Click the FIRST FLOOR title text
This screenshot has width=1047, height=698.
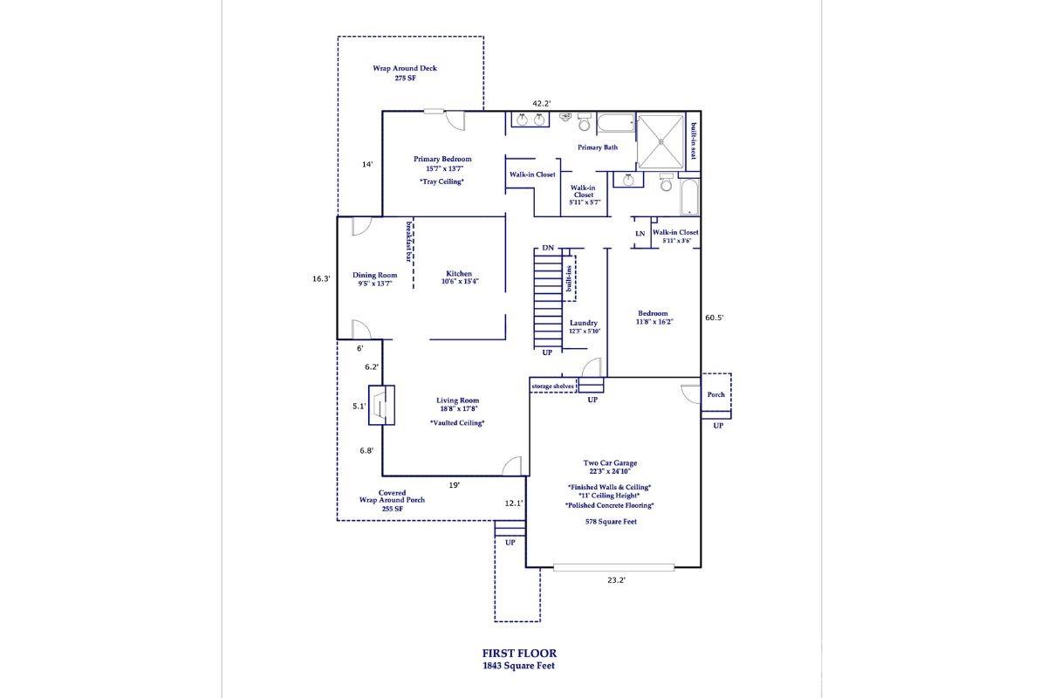[519, 653]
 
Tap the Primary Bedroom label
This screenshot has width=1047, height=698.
[442, 159]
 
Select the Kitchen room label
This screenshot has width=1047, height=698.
[459, 274]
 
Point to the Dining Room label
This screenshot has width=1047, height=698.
[375, 275]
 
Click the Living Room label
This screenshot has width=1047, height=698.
[458, 401]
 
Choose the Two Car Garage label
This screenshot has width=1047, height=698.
[610, 463]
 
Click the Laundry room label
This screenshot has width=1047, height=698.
[583, 323]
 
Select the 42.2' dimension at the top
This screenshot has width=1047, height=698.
[542, 104]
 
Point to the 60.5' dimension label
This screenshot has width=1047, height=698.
[715, 318]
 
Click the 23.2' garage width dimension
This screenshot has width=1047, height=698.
[616, 579]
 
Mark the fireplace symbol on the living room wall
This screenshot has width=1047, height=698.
[382, 406]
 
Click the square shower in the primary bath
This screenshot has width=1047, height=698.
[660, 141]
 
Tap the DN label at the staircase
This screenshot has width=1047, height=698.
[548, 249]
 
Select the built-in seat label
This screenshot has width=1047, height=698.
[693, 141]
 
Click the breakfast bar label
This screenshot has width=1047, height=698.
[407, 241]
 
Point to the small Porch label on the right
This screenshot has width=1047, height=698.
[716, 394]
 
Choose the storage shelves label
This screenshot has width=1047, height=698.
[552, 386]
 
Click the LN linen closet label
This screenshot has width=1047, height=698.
[640, 233]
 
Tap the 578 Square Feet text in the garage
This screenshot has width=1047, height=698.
[611, 522]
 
